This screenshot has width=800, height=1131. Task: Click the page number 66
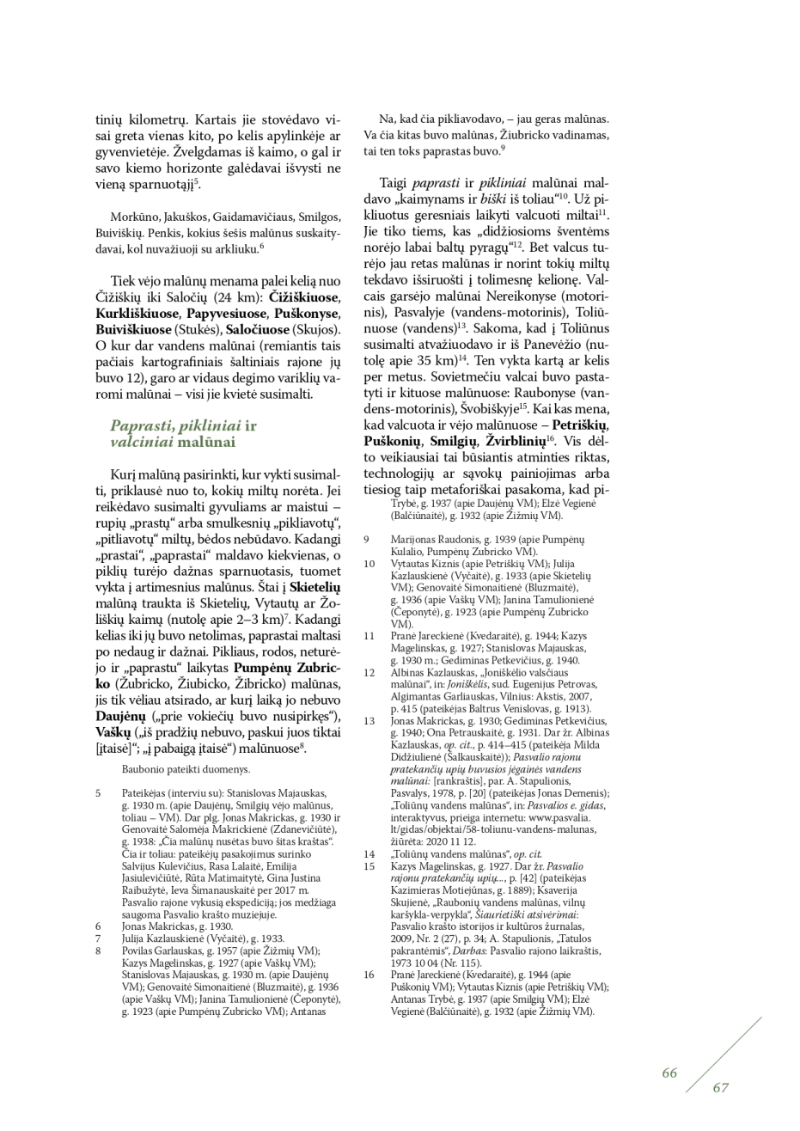669,1073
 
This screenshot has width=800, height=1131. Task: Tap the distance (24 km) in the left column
211,297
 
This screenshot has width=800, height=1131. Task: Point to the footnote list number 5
98,793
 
